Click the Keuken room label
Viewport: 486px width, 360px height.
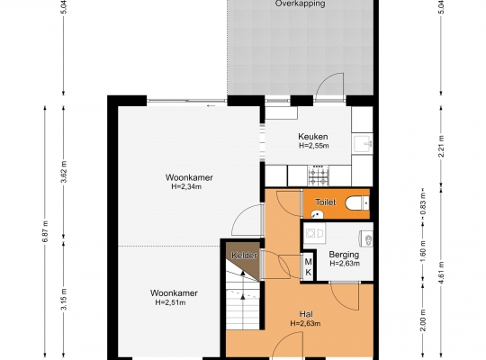312,137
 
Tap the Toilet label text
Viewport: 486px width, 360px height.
326,202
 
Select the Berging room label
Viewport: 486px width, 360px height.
344,255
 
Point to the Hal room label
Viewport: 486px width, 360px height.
306,314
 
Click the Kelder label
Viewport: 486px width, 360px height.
244,256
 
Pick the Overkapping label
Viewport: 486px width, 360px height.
300,4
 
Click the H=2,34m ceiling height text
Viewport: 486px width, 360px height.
186,186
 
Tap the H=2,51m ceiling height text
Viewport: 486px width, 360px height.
170,302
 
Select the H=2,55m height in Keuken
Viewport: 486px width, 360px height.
314,146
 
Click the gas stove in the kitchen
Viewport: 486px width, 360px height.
319,175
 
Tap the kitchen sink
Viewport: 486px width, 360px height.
363,144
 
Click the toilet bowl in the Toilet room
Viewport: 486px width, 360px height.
357,203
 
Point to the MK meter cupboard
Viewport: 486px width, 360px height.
308,267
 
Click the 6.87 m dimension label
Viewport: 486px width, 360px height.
45,231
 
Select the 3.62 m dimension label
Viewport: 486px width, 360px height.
64,172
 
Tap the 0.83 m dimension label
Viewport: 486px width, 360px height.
423,203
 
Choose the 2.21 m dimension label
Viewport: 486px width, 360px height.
441,147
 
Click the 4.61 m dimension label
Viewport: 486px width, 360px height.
441,273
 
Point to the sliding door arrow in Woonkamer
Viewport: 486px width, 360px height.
211,106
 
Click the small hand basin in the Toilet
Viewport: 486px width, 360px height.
317,214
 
